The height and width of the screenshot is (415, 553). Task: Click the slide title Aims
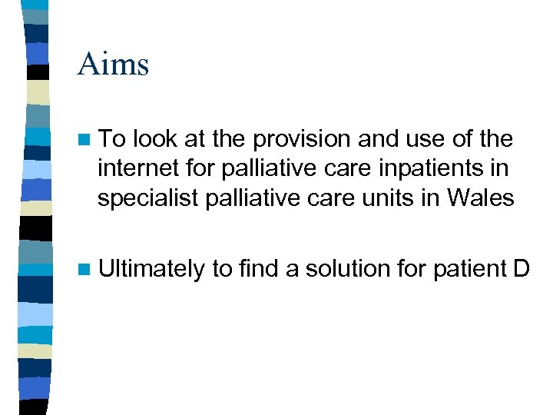(x=113, y=64)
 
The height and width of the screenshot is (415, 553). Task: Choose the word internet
(x=133, y=168)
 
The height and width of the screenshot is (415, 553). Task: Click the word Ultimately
(x=151, y=270)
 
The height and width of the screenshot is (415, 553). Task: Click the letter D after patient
(x=521, y=268)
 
